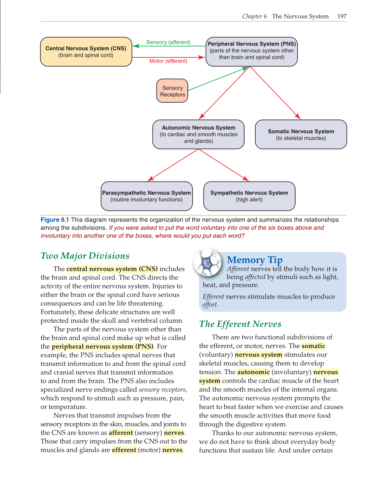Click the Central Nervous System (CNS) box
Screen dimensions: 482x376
tap(86, 52)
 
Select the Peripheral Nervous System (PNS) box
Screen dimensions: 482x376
tap(251, 51)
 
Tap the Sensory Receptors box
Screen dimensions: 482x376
tap(172, 91)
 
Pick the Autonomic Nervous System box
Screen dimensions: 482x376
tap(198, 134)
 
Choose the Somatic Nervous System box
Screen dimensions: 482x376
tap(301, 134)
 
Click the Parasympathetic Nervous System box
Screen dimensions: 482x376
tap(147, 196)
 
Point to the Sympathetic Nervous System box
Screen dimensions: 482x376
tap(249, 196)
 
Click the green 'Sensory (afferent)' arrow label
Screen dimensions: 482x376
tap(168, 42)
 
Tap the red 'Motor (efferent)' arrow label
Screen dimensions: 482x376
tap(168, 61)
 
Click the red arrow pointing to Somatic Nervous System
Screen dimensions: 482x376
tap(275, 93)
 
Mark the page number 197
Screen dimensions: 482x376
tap(342, 16)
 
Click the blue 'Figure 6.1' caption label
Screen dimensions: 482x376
tap(55, 220)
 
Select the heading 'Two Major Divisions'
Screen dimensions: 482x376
tap(85, 256)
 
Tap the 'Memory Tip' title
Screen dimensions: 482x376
tap(255, 260)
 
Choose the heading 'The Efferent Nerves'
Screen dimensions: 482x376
tap(240, 324)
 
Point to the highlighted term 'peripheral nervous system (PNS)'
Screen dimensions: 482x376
tap(102, 346)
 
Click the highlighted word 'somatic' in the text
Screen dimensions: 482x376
tap(313, 346)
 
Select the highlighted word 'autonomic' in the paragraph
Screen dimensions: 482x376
tap(253, 372)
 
